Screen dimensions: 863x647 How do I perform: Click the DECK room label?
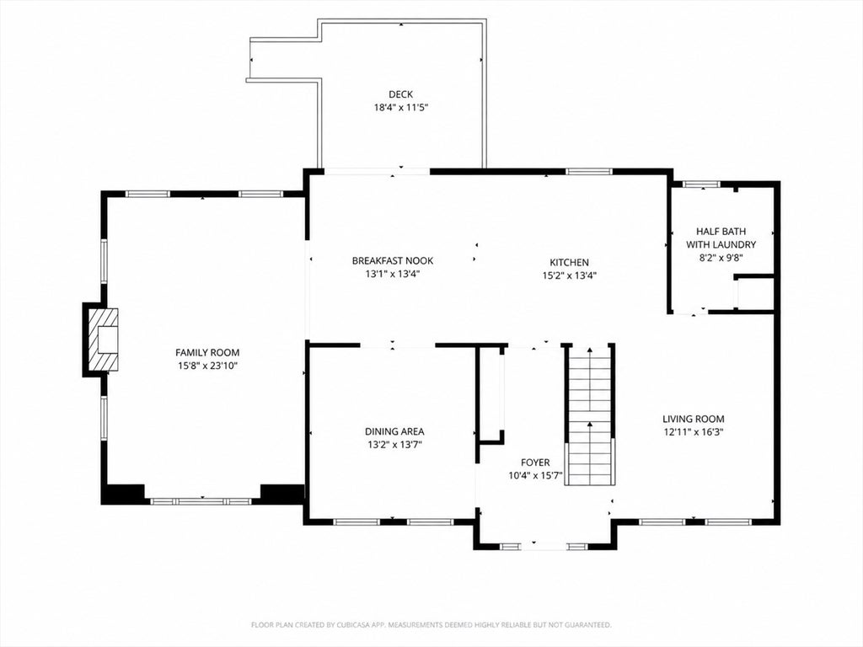click(x=400, y=94)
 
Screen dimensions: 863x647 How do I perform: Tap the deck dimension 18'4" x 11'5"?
click(x=401, y=108)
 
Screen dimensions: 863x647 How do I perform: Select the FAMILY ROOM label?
click(x=207, y=353)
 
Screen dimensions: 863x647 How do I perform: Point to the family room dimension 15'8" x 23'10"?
click(x=207, y=366)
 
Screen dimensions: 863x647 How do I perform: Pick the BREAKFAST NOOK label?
click(x=393, y=261)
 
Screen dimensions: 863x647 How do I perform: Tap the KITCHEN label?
click(x=569, y=263)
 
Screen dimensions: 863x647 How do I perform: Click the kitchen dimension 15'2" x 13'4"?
click(x=570, y=275)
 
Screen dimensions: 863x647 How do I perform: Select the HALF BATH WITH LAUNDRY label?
click(x=721, y=238)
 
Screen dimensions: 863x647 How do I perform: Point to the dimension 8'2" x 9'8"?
click(x=721, y=258)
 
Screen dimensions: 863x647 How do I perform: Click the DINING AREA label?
click(x=394, y=432)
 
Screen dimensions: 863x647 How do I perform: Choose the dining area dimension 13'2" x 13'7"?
click(x=394, y=445)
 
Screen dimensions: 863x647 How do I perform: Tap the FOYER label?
click(x=535, y=463)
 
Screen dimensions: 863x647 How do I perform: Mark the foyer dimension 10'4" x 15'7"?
click(x=535, y=476)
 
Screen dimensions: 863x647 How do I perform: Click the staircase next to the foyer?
click(x=590, y=415)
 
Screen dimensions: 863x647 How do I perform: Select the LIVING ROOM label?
click(x=694, y=420)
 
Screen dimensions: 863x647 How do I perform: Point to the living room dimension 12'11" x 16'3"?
click(x=694, y=432)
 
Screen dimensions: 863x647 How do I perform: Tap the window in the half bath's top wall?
click(x=701, y=184)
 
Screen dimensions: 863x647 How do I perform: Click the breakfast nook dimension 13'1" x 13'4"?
click(x=393, y=274)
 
